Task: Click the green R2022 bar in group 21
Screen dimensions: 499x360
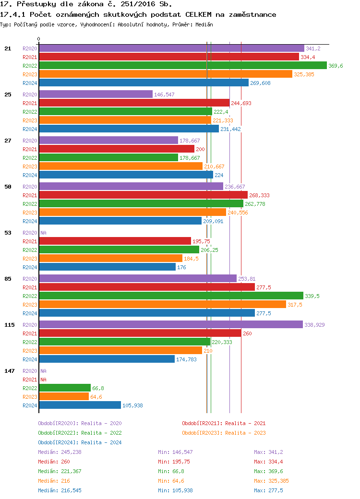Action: coord(182,66)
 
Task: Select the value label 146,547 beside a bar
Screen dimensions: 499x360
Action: coord(164,95)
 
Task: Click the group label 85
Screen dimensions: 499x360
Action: coord(8,279)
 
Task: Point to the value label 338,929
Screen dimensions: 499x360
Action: coord(314,325)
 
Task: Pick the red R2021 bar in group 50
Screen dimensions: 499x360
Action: coord(143,195)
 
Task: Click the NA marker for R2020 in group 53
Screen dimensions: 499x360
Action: coord(43,233)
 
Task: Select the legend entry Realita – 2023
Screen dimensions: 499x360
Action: coord(224,433)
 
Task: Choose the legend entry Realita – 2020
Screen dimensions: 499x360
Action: coord(80,423)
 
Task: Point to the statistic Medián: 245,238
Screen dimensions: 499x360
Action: coord(60,452)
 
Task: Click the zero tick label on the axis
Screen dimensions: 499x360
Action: coord(39,39)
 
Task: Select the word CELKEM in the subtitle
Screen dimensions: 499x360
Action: coord(202,14)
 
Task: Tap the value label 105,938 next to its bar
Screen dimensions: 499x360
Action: coord(132,405)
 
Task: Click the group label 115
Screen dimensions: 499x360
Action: coord(10,325)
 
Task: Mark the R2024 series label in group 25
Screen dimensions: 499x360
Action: coord(30,129)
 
